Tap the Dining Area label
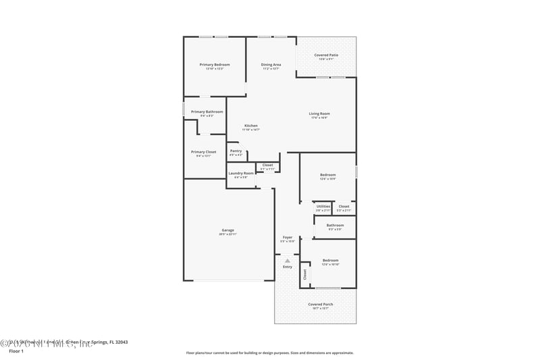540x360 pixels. click(x=271, y=64)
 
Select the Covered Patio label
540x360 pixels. click(x=327, y=55)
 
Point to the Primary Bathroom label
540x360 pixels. click(x=207, y=111)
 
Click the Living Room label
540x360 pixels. click(x=319, y=113)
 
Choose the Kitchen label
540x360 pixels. click(x=251, y=126)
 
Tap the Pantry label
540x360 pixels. click(x=236, y=151)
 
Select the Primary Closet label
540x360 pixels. click(x=203, y=152)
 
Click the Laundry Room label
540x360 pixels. click(x=241, y=173)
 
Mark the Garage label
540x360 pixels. click(x=227, y=230)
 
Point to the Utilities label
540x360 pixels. click(x=323, y=206)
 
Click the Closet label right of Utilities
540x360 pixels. click(x=344, y=206)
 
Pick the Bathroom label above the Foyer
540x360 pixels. click(x=335, y=225)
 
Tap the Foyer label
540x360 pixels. click(x=288, y=237)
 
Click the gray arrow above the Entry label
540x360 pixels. click(x=288, y=260)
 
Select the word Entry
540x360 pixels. click(x=288, y=267)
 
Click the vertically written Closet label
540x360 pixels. click(x=304, y=274)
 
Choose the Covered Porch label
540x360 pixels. click(x=321, y=304)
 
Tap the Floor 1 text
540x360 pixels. click(x=16, y=351)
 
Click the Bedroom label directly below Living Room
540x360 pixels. click(x=327, y=175)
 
